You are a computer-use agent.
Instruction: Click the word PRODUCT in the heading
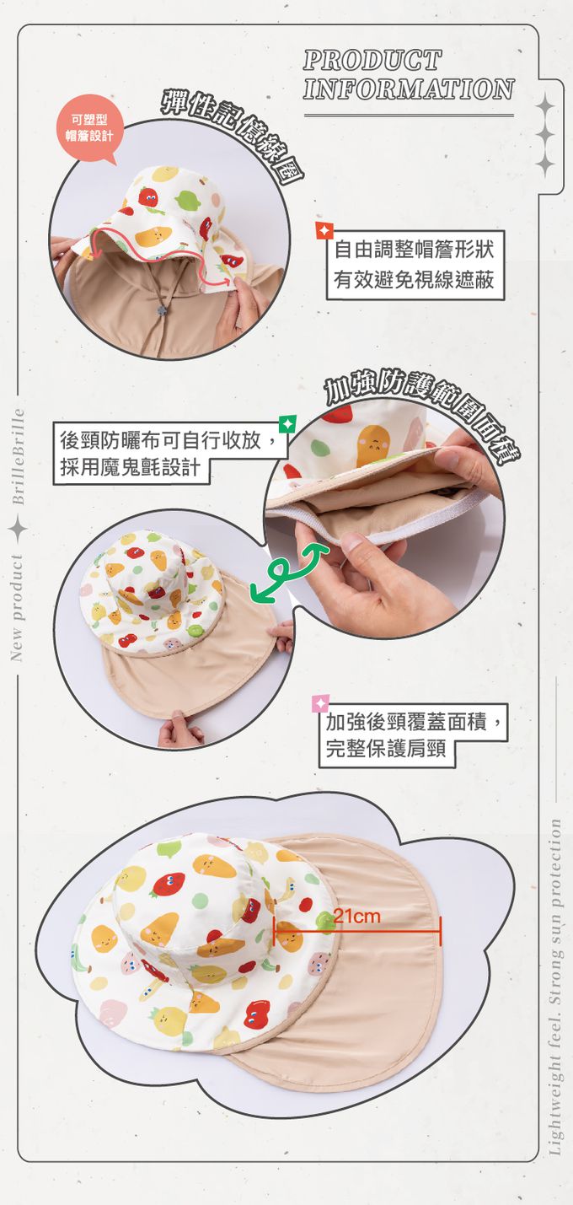click(x=372, y=60)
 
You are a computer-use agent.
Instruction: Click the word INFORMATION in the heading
click(x=409, y=89)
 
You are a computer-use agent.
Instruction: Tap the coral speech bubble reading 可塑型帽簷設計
click(x=88, y=128)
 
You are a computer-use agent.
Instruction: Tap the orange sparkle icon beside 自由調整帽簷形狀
click(x=324, y=231)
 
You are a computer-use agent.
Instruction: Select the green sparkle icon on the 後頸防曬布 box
click(x=287, y=424)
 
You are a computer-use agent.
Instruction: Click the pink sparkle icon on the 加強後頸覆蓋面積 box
click(x=320, y=703)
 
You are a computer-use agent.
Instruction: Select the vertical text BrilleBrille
click(x=19, y=457)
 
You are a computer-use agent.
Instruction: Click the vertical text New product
click(x=18, y=607)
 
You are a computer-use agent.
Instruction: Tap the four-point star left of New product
click(x=19, y=530)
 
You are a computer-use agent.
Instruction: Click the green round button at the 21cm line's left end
click(x=324, y=922)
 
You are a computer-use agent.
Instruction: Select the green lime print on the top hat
click(x=188, y=200)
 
